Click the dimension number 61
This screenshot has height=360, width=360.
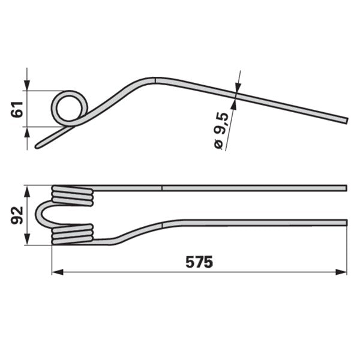click(17, 110)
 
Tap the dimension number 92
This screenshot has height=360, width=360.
click(17, 215)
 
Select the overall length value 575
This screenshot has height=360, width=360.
click(199, 262)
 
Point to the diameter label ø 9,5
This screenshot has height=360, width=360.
click(221, 131)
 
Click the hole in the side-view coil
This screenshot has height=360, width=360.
click(70, 109)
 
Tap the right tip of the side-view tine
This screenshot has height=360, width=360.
click(347, 121)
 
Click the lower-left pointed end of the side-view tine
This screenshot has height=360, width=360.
click(37, 147)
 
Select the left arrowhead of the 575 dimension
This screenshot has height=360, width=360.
click(58, 272)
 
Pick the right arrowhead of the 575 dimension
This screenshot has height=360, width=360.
click(341, 272)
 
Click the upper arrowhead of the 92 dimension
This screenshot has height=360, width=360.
click(27, 192)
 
